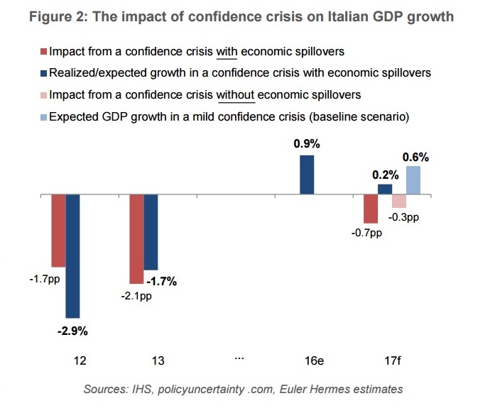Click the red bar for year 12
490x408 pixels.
click(x=58, y=230)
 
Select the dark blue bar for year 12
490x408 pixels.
click(x=72, y=255)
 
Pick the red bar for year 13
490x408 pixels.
click(x=136, y=238)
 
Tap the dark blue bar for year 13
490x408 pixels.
click(x=151, y=231)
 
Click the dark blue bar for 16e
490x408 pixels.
click(x=307, y=175)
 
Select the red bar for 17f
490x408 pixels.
click(x=370, y=209)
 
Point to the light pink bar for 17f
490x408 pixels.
click(x=398, y=201)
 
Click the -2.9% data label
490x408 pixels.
click(x=72, y=330)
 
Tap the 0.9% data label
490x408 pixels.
click(x=307, y=143)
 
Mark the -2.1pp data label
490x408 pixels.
click(x=136, y=296)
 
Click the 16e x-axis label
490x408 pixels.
click(x=314, y=360)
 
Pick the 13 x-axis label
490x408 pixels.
click(x=158, y=360)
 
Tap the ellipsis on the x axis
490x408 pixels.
click(x=239, y=359)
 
